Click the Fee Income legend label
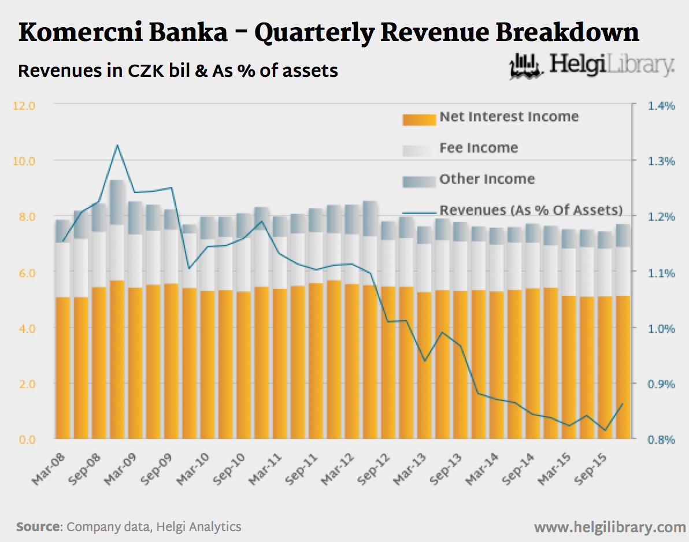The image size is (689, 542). (x=478, y=148)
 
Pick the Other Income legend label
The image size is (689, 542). (x=487, y=179)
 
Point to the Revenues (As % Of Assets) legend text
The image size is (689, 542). (x=531, y=210)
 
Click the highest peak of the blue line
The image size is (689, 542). (x=117, y=145)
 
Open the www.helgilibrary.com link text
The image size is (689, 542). (x=610, y=527)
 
